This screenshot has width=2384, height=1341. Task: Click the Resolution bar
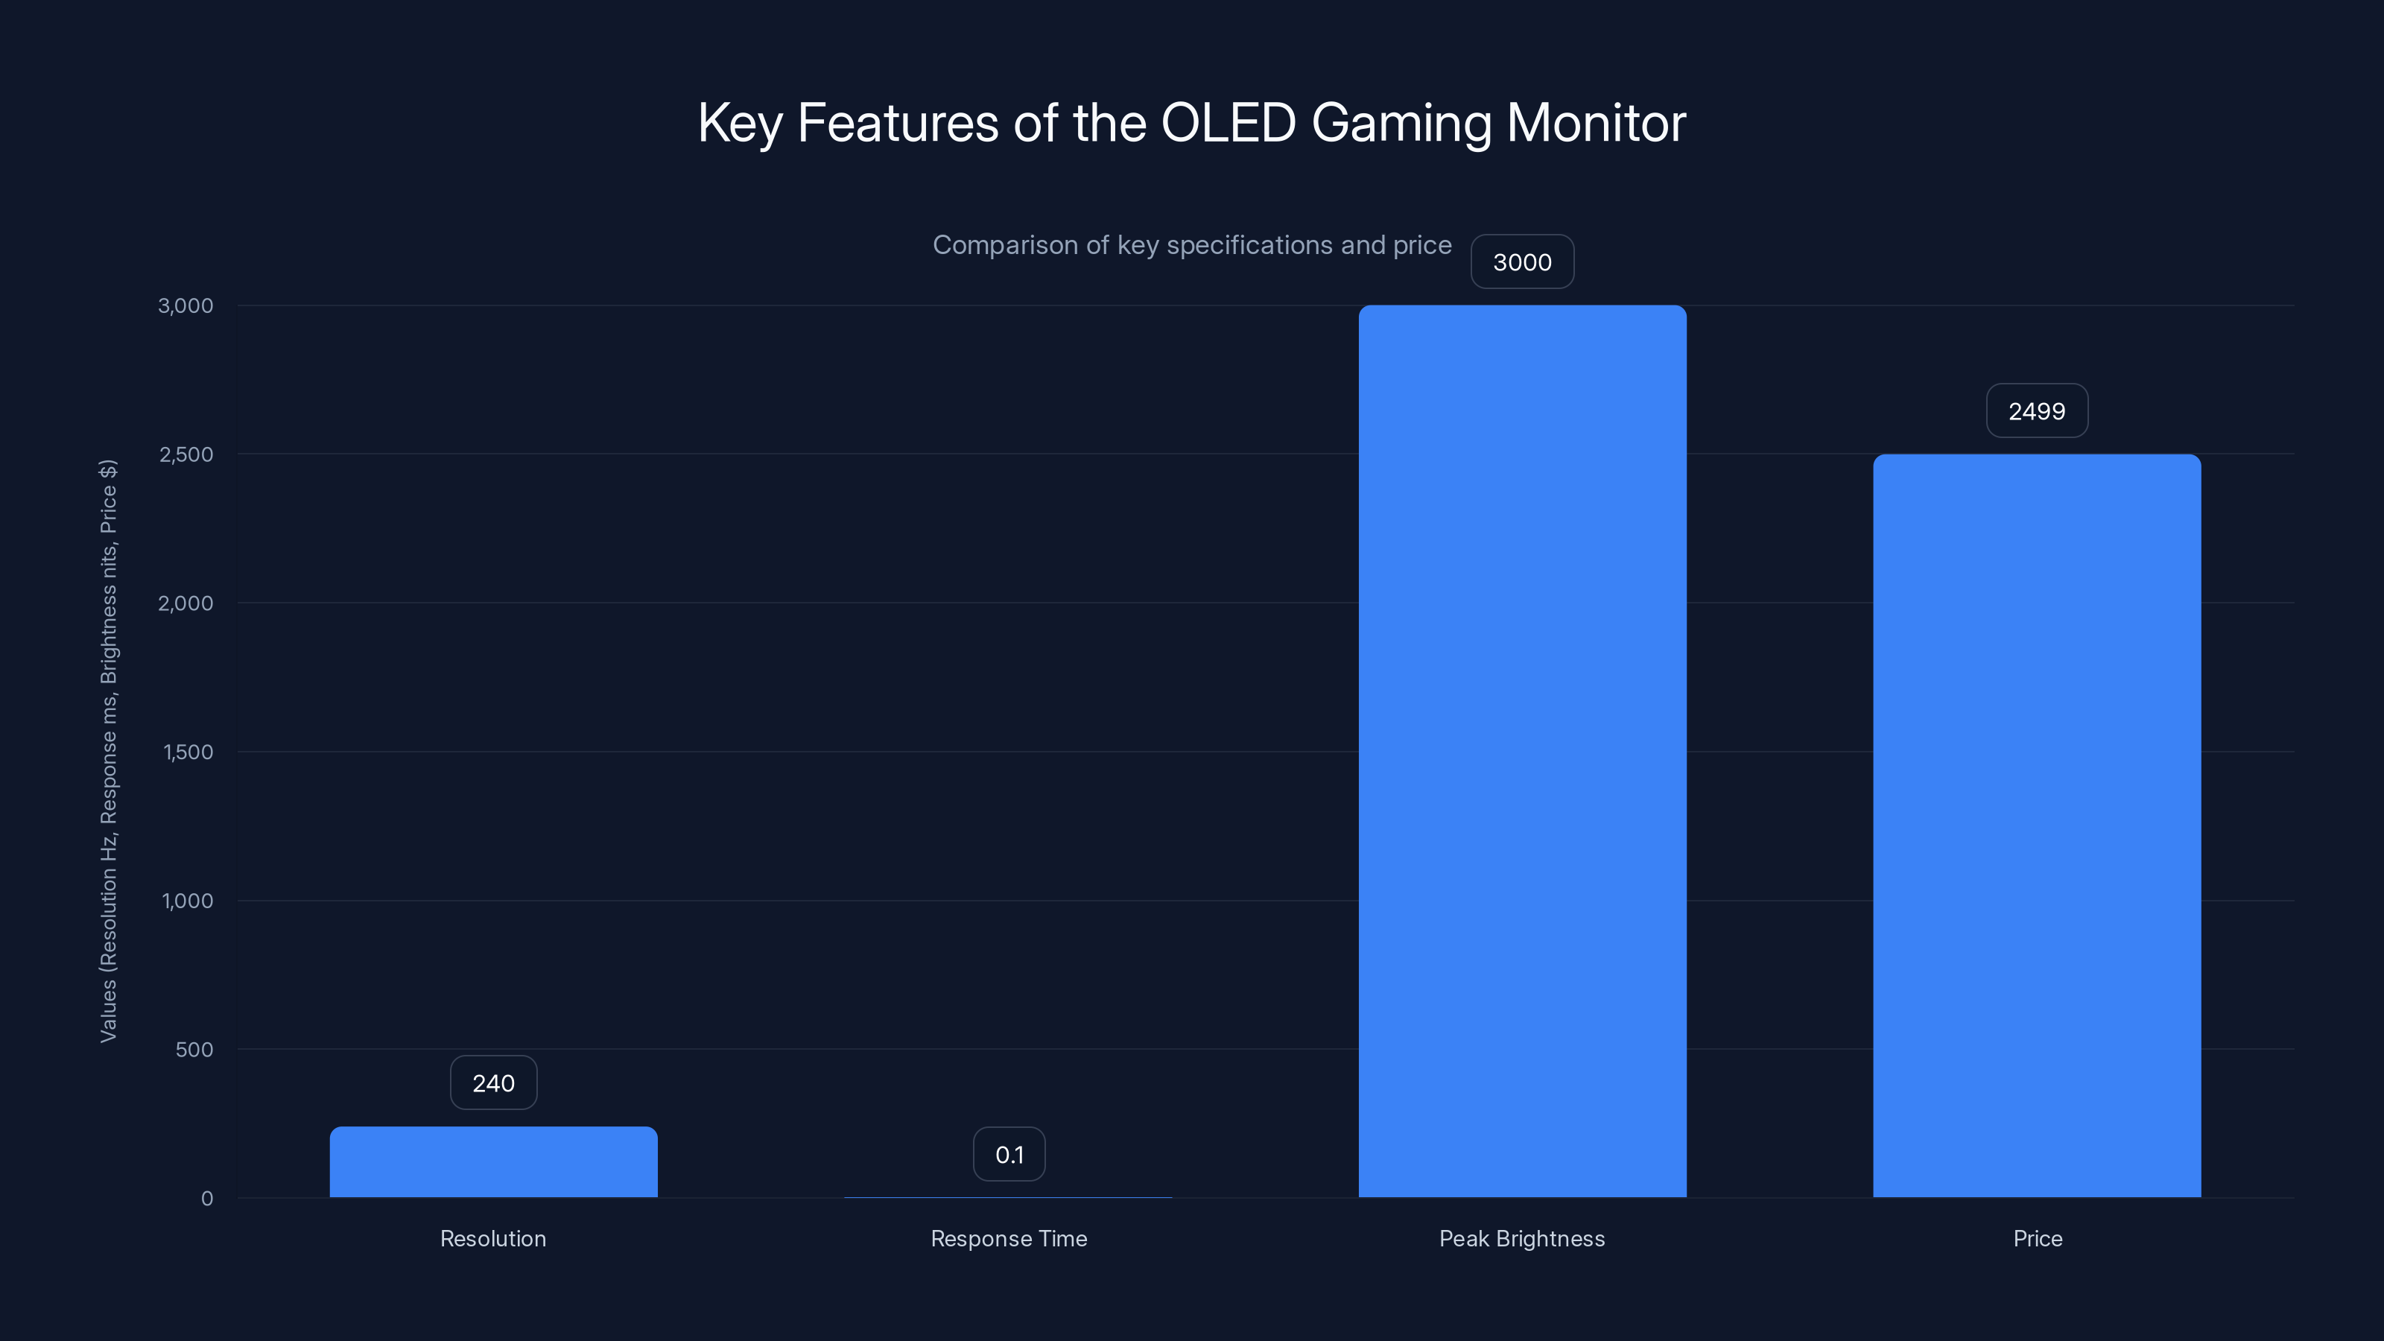click(x=493, y=1161)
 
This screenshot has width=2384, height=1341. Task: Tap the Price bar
click(x=2037, y=825)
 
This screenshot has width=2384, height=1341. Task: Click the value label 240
click(x=493, y=1082)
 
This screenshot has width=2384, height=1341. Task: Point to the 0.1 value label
click(x=1009, y=1154)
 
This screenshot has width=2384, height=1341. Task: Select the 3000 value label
click(x=1522, y=262)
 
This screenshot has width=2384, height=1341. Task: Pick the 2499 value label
click(x=2037, y=411)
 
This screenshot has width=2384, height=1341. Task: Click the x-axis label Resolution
click(x=493, y=1238)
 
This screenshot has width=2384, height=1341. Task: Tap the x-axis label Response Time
click(x=1009, y=1238)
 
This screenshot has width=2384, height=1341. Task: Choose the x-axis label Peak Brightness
click(x=1522, y=1238)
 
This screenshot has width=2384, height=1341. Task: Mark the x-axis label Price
click(x=2037, y=1238)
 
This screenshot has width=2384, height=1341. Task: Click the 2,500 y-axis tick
click(x=186, y=454)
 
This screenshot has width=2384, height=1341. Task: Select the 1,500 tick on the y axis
click(x=188, y=752)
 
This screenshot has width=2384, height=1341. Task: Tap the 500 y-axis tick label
click(x=194, y=1050)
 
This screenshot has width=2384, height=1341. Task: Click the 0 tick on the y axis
click(x=207, y=1199)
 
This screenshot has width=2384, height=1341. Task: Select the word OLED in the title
click(x=1228, y=122)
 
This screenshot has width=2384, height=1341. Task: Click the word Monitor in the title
click(x=1596, y=122)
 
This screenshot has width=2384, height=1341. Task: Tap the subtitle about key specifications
click(x=1192, y=245)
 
